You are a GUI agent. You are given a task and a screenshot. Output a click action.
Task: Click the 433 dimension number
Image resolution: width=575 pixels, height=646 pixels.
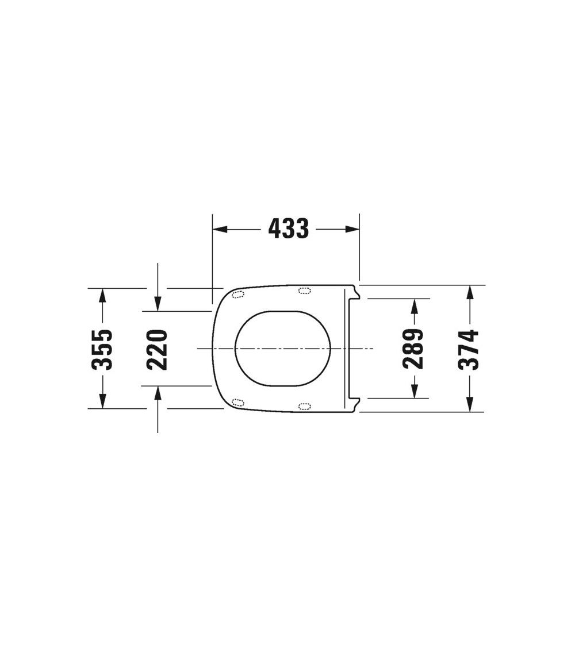(289, 229)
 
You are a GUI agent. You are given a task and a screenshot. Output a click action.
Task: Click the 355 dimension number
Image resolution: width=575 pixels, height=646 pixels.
(103, 349)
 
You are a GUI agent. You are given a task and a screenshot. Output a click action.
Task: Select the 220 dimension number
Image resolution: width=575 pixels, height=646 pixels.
(157, 349)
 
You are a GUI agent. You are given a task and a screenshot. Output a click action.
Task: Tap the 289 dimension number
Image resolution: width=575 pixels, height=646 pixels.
(413, 349)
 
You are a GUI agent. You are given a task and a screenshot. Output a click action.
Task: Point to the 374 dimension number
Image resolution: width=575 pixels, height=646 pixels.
(469, 349)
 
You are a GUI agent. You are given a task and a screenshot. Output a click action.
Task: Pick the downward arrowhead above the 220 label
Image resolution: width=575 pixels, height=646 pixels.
(158, 304)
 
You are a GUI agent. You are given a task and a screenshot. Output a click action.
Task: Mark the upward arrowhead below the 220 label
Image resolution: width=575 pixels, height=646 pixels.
(158, 393)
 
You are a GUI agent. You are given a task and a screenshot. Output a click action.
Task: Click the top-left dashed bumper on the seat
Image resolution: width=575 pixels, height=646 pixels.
(237, 295)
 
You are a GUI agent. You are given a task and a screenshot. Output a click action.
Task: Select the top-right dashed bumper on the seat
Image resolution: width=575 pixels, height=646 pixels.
(304, 291)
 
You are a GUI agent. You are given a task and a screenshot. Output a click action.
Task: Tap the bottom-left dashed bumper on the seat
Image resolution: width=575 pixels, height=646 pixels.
(237, 401)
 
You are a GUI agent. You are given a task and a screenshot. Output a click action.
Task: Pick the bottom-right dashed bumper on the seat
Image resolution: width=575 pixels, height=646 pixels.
(304, 407)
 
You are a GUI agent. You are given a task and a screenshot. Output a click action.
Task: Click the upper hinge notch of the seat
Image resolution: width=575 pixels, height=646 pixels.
(356, 293)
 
